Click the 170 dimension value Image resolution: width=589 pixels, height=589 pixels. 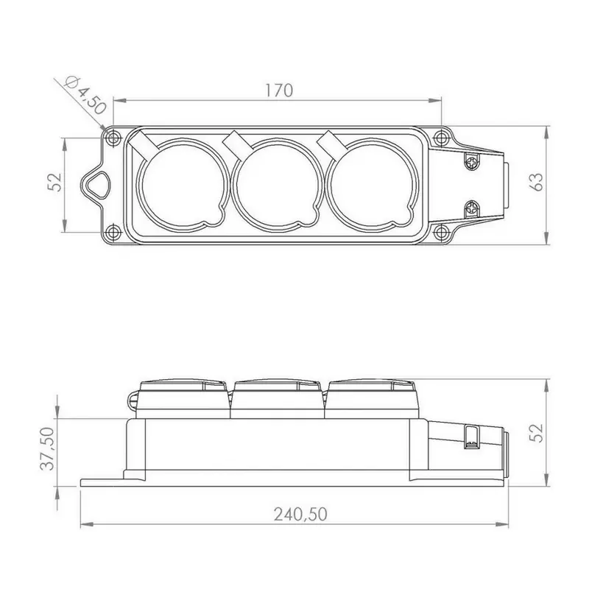(x=279, y=91)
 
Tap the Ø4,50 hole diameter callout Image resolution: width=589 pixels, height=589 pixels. (x=85, y=96)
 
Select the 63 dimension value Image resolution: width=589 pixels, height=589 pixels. (x=537, y=182)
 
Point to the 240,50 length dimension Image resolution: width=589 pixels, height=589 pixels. (x=300, y=514)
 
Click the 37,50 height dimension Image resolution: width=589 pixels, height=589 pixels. (x=48, y=448)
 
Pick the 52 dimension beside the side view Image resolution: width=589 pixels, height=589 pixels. (x=537, y=433)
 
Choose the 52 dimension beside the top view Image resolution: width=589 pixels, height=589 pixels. (x=55, y=182)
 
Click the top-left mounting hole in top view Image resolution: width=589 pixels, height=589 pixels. (x=113, y=138)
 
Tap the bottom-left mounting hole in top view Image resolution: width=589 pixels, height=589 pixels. (x=113, y=233)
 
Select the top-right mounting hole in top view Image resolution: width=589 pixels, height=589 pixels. (x=440, y=138)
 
